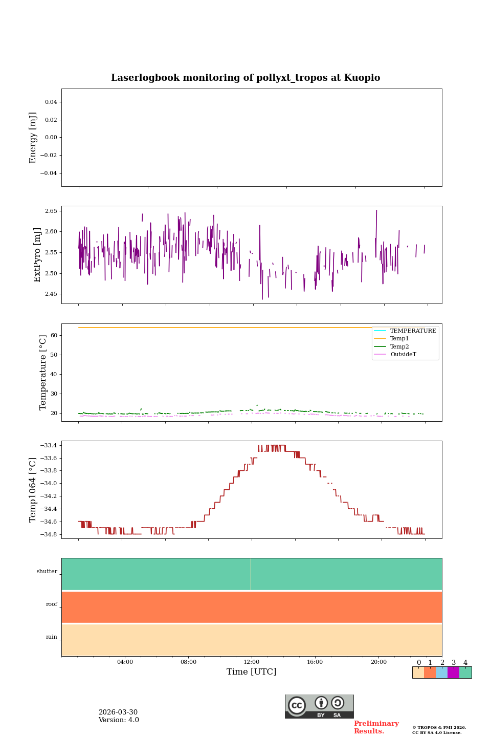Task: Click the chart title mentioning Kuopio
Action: tap(245, 78)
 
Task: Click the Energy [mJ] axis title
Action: tap(33, 138)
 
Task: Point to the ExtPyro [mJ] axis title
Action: tap(37, 255)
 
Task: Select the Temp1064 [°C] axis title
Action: tap(33, 490)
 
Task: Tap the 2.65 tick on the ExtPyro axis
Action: tap(51, 211)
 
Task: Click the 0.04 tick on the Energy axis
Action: tap(51, 102)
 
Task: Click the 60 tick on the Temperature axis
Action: tap(54, 335)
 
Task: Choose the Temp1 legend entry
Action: tap(399, 339)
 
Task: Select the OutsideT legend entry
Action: tap(403, 355)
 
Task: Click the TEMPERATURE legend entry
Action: tap(413, 331)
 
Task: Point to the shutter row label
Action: tap(47, 571)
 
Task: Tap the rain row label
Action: tap(52, 637)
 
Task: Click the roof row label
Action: tap(52, 604)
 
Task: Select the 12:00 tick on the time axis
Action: tap(252, 662)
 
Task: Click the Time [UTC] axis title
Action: tap(252, 671)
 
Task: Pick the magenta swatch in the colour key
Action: tap(453, 673)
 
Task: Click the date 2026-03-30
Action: tap(118, 712)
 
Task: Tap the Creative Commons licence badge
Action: tap(319, 706)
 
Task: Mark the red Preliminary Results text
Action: tap(376, 727)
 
